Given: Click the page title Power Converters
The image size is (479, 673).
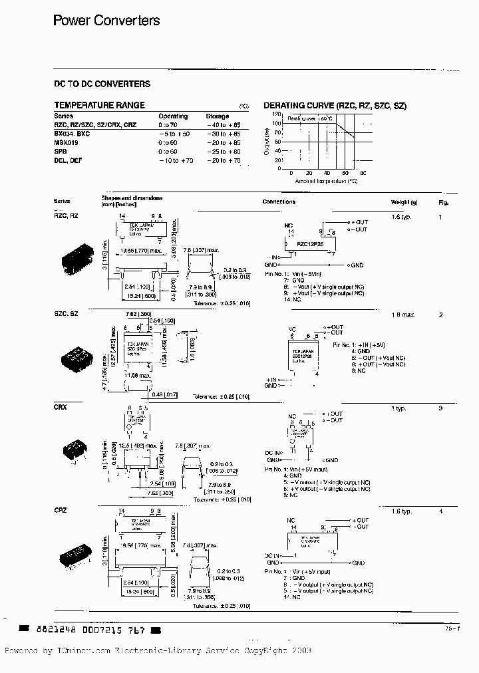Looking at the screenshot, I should (106, 21).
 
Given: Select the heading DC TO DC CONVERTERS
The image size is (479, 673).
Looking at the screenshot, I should (102, 84).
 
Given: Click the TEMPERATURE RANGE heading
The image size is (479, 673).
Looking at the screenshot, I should (99, 106).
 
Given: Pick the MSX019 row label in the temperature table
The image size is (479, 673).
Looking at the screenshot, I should (66, 143).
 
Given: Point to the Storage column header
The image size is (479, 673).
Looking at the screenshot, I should (217, 116).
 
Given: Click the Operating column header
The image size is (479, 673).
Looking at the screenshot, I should (173, 116).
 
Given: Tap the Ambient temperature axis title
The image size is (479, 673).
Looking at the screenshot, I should (327, 180).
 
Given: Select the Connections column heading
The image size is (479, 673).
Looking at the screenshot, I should (279, 202).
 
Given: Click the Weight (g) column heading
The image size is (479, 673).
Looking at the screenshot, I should (404, 202).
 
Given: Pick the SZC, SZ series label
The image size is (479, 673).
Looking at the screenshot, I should (66, 313).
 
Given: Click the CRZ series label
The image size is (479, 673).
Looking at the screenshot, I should (60, 510).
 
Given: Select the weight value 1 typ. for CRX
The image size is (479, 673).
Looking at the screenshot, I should (399, 408).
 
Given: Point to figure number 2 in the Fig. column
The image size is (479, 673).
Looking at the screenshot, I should (440, 315).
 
